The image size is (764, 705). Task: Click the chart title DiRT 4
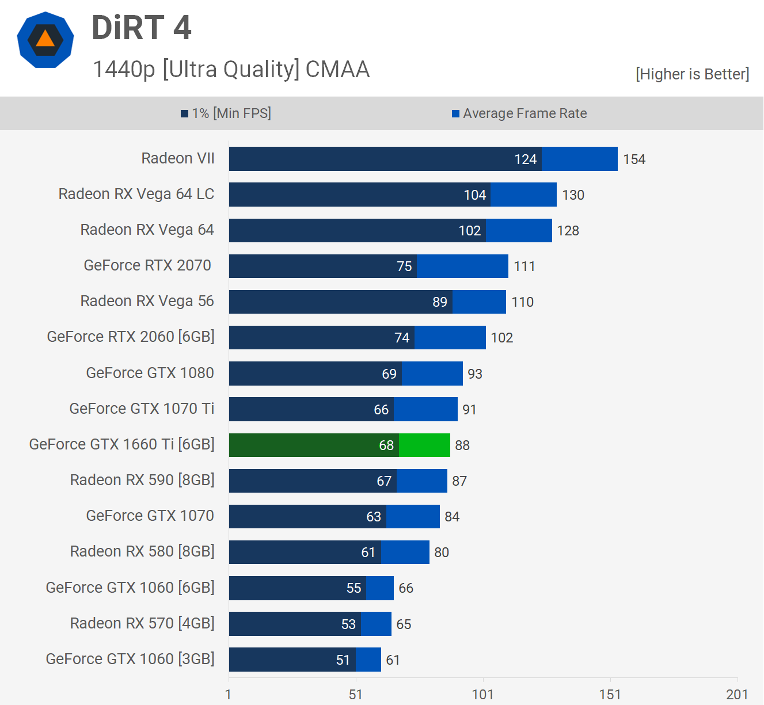[142, 28]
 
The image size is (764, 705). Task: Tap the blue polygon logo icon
[45, 40]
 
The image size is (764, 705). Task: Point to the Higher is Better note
[692, 74]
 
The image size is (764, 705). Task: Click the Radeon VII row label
[178, 158]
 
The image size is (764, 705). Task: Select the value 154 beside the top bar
[634, 159]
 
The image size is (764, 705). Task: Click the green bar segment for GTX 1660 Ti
[424, 445]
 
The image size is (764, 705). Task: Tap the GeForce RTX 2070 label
[147, 265]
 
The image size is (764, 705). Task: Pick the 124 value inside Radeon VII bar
[525, 159]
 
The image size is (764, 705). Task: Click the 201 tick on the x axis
[737, 695]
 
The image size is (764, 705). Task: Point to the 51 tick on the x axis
[356, 695]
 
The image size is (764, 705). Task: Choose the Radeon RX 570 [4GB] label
[142, 623]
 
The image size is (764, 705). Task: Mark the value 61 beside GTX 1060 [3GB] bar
[393, 660]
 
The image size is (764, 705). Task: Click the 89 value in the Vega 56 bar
[440, 302]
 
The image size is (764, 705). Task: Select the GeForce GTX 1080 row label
[150, 373]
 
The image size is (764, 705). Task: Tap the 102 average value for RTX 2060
[501, 338]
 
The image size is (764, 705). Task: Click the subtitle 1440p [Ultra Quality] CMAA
[231, 69]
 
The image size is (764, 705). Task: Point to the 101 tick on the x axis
[482, 695]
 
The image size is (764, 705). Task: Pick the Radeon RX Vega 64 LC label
[136, 194]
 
